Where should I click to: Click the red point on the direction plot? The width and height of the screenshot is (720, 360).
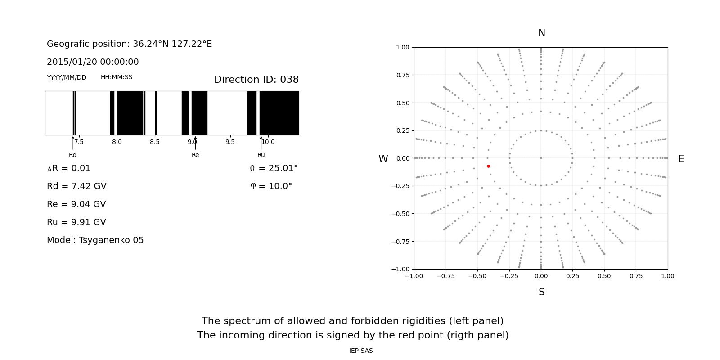coord(488,166)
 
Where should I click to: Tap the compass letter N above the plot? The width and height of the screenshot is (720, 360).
coord(541,33)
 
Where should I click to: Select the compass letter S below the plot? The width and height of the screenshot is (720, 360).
coord(541,292)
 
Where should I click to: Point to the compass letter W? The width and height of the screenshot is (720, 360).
coord(383,159)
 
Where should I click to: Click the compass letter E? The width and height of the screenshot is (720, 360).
coord(681,159)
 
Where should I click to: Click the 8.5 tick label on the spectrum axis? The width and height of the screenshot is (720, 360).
coord(155,142)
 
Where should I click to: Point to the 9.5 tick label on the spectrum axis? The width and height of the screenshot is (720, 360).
coord(230,142)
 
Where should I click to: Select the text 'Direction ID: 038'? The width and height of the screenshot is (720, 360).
coord(256,80)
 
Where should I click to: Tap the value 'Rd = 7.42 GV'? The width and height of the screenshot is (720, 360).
coord(76,186)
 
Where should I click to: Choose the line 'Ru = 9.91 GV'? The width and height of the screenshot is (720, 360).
coord(76,222)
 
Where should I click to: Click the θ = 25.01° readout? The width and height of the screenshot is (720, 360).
coord(274,168)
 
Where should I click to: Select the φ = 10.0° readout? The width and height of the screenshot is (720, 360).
coord(271,186)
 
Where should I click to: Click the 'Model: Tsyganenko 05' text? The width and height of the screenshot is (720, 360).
coord(95,240)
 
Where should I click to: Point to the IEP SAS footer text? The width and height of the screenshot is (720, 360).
coord(361,351)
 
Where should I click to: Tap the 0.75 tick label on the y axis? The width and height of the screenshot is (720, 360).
coord(403,75)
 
